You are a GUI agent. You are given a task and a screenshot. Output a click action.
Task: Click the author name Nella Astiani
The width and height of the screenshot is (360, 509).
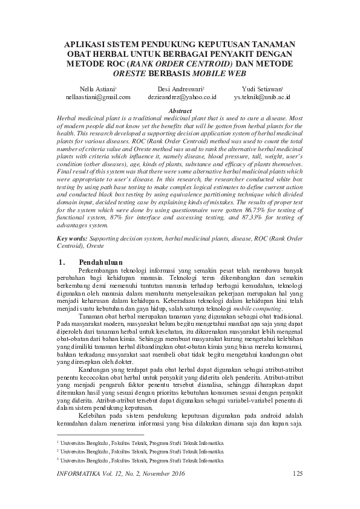click(x=98, y=88)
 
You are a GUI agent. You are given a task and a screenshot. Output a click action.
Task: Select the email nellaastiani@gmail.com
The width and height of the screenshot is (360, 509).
click(x=99, y=97)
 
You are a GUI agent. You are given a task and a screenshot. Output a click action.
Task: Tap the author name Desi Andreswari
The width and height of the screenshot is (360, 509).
click(x=179, y=88)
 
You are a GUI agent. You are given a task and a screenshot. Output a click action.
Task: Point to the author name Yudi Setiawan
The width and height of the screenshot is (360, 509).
click(x=261, y=88)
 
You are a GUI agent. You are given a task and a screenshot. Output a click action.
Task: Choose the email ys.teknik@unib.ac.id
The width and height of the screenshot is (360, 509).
click(x=262, y=97)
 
